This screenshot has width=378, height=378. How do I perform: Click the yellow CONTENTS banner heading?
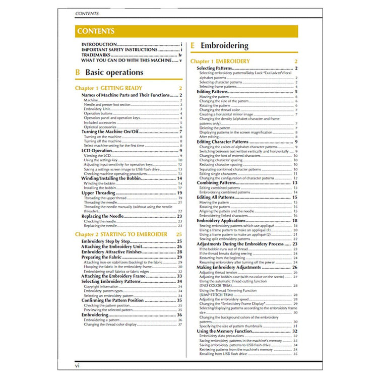[96, 31]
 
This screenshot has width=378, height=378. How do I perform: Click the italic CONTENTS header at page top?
[86, 13]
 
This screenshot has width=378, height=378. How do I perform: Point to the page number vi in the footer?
[77, 364]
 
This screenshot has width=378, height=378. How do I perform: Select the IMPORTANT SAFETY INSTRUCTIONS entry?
[119, 50]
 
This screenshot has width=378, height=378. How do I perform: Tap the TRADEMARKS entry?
[98, 55]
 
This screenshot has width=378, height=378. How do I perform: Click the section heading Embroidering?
[224, 46]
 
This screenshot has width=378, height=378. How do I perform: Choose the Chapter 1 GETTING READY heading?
[103, 88]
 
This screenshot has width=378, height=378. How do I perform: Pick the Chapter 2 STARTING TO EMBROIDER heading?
[121, 234]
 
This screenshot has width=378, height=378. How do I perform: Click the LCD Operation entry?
[97, 150]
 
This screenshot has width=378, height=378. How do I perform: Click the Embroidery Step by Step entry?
[106, 241]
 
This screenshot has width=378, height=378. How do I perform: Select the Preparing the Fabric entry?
[102, 257]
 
